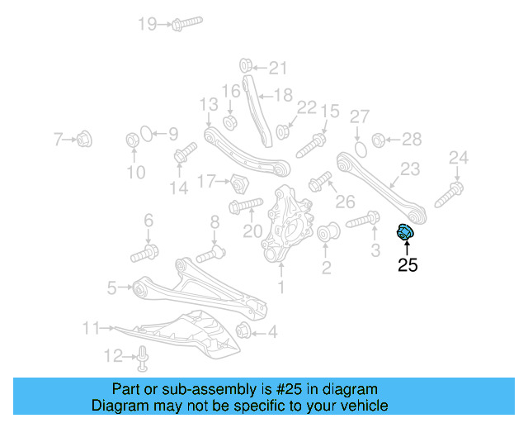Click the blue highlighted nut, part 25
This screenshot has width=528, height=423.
click(x=406, y=233)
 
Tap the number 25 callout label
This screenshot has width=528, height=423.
click(x=408, y=266)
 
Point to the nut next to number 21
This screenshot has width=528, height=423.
click(x=245, y=66)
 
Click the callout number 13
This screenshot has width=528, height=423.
click(x=208, y=105)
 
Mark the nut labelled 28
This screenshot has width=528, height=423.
click(x=379, y=139)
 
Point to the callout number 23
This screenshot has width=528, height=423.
click(x=410, y=170)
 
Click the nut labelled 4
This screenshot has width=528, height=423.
click(x=244, y=332)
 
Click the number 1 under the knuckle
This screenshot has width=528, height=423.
click(x=281, y=288)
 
